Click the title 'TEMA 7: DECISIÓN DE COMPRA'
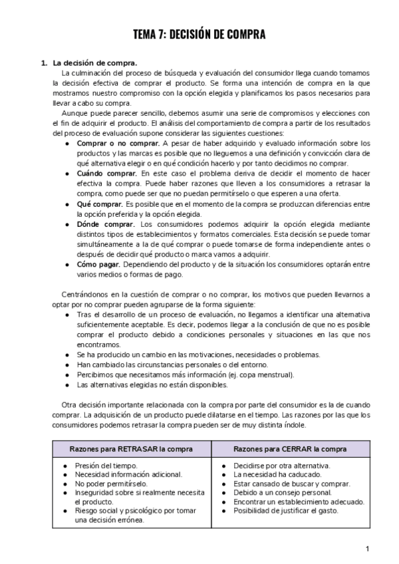click(x=199, y=35)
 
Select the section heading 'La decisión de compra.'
click(x=96, y=63)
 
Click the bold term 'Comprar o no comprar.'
click(x=118, y=143)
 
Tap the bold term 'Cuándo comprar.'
click(x=106, y=173)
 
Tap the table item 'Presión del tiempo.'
click(x=106, y=466)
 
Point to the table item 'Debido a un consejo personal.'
click(x=282, y=493)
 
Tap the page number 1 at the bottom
click(x=367, y=549)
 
